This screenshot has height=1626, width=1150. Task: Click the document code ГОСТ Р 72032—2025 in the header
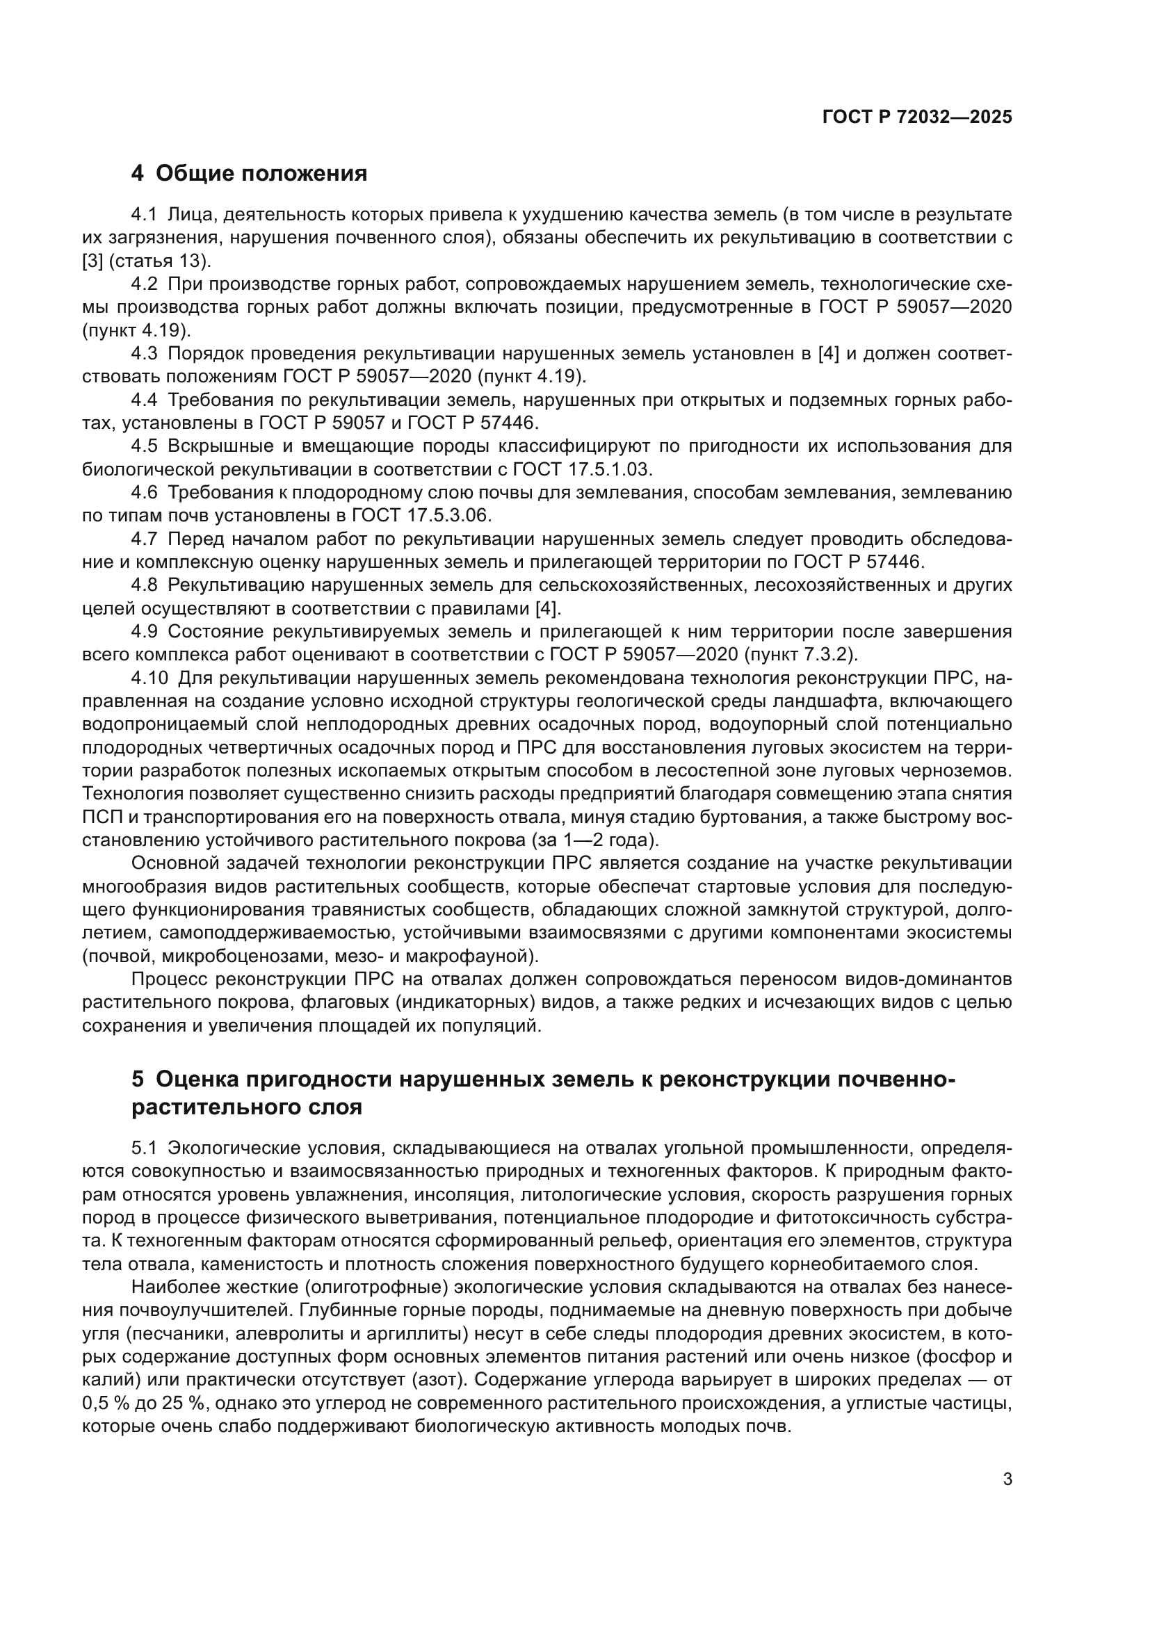coord(917,117)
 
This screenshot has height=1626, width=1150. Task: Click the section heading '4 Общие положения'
coord(250,173)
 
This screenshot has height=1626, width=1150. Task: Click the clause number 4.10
coord(149,678)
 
